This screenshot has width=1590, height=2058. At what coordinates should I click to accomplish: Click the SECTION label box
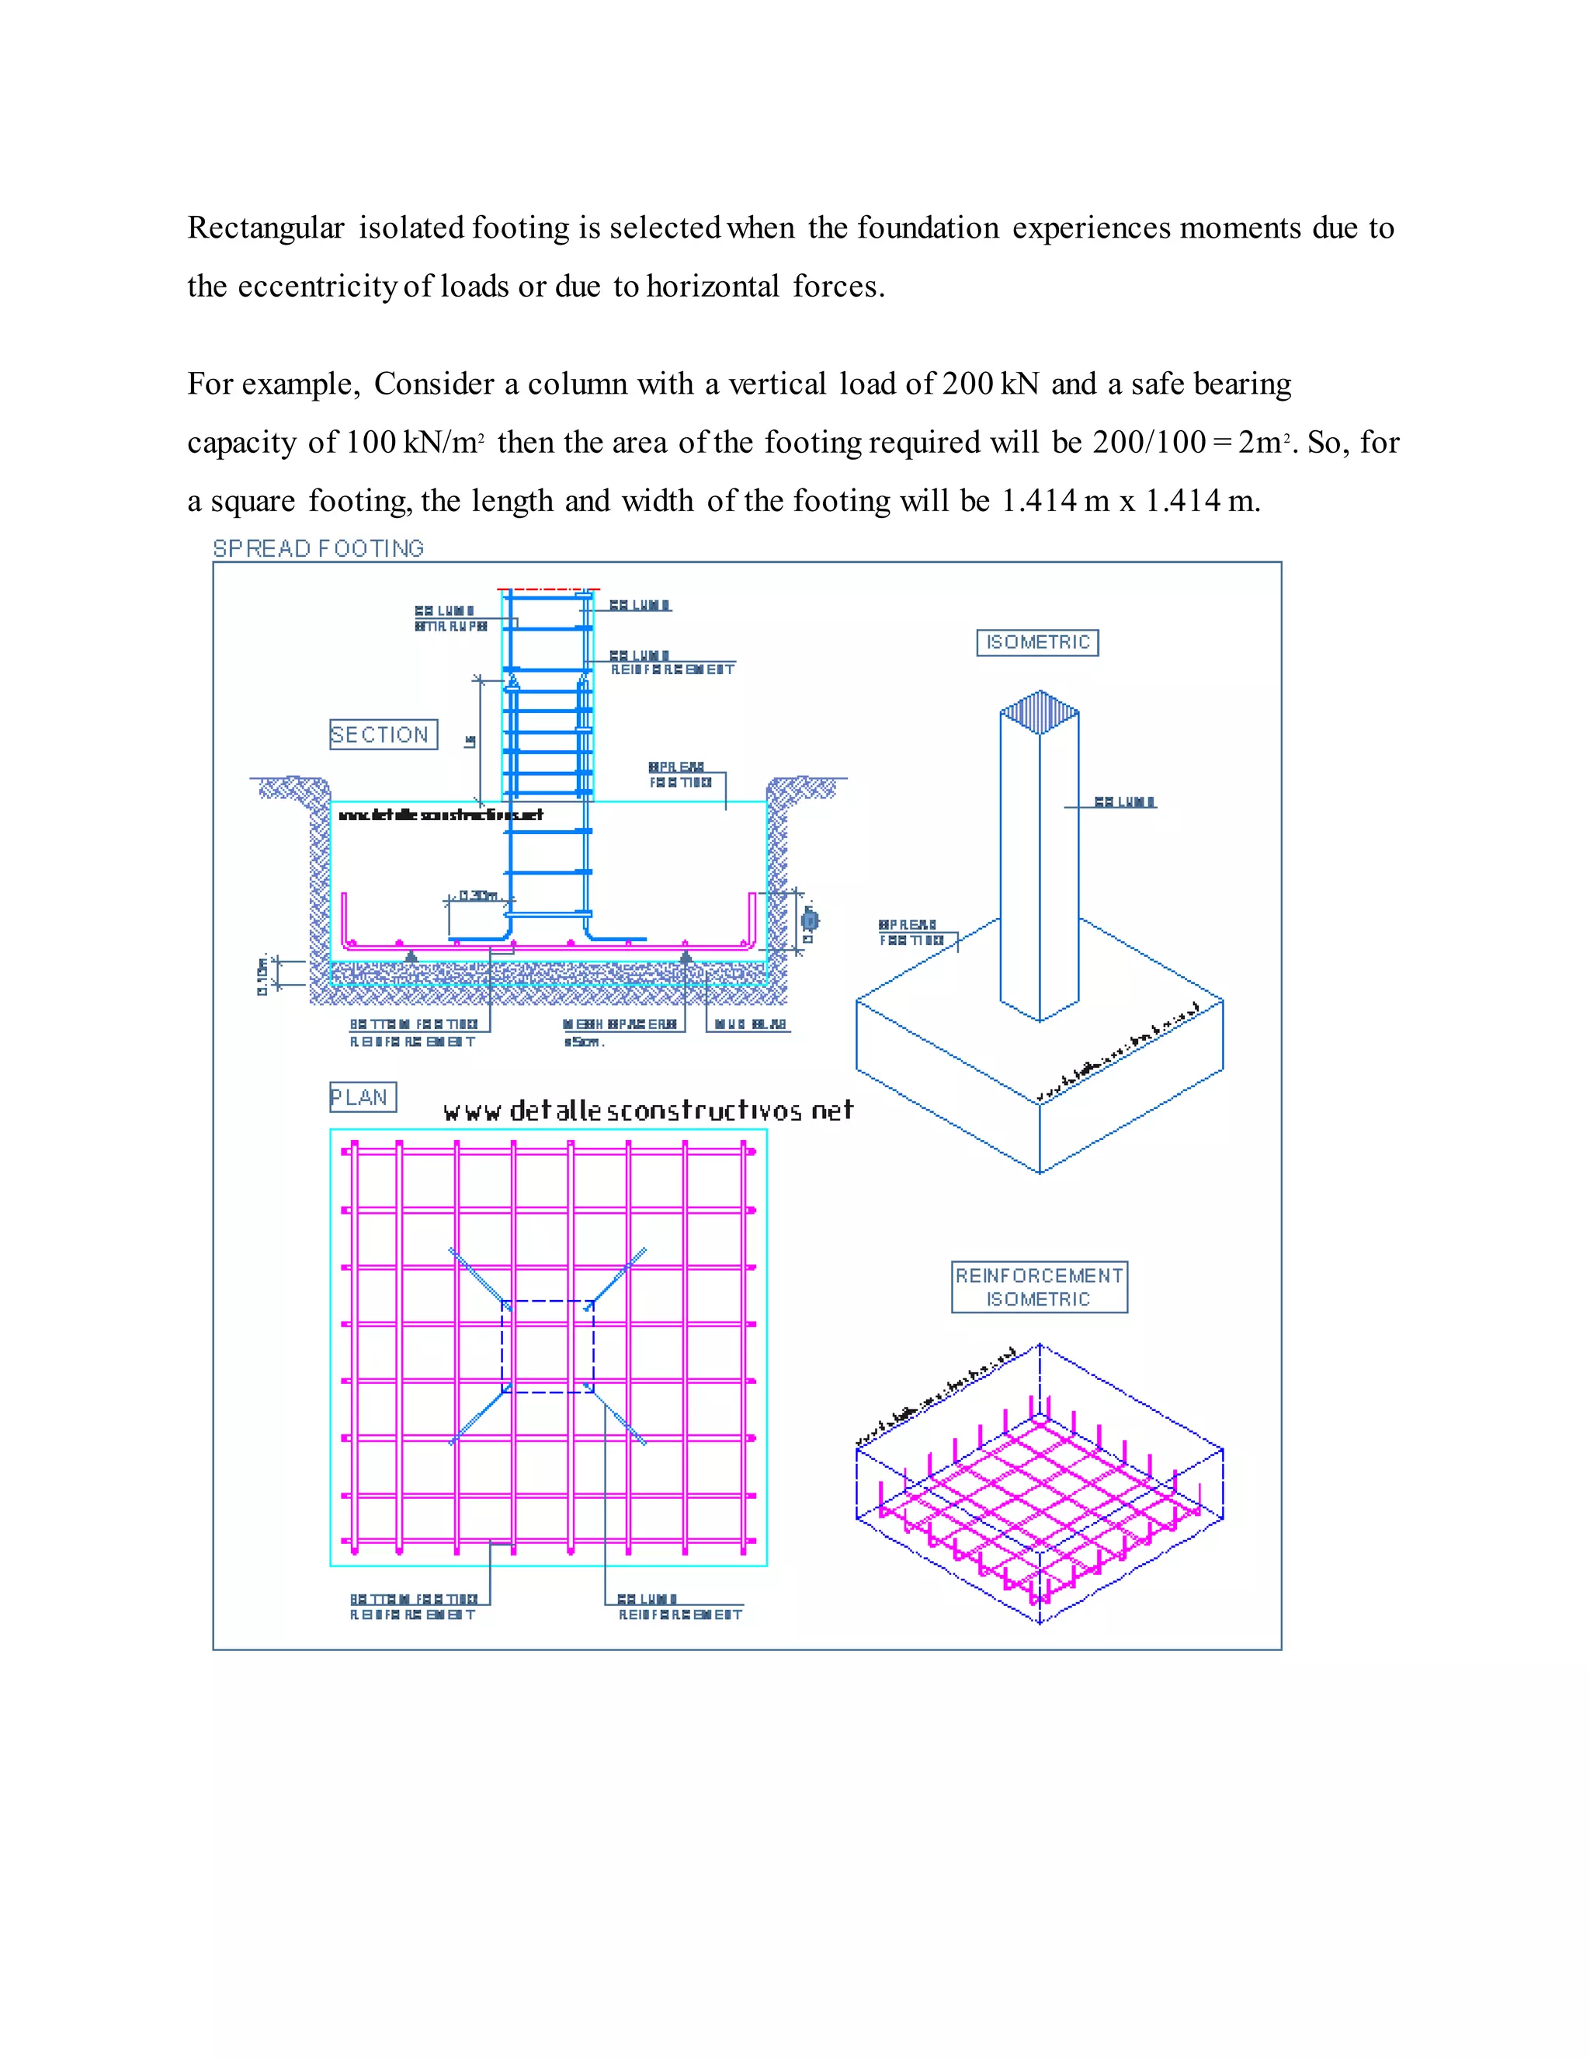384,734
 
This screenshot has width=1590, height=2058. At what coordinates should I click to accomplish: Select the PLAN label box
363,1097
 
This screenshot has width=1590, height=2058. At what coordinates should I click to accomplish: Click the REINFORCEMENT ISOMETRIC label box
1039,1287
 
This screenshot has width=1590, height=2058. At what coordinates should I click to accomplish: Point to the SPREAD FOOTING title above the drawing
318,548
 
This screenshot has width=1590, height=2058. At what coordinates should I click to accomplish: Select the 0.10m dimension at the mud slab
263,975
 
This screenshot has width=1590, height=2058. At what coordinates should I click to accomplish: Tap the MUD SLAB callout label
750,1024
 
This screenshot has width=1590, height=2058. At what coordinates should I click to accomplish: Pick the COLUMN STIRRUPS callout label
450,618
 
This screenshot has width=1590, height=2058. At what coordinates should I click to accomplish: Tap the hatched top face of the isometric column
1039,711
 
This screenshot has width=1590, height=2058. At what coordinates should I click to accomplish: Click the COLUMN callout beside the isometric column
1125,802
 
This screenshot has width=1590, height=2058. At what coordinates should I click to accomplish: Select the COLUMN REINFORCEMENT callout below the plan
679,1607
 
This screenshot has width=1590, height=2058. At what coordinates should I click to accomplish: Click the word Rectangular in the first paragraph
266,228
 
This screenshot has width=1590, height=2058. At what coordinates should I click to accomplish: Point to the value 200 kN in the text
990,384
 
